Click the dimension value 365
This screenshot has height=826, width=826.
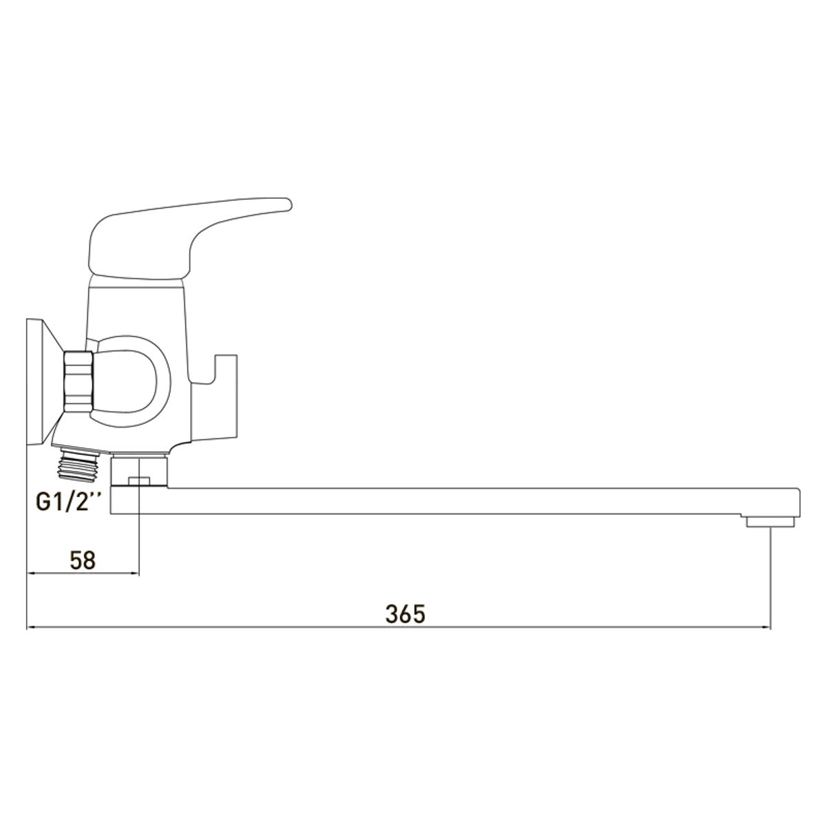click(x=405, y=615)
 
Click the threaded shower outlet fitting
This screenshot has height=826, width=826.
click(x=81, y=463)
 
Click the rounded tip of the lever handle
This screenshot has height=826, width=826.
click(x=287, y=204)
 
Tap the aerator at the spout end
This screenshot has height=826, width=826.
click(x=770, y=522)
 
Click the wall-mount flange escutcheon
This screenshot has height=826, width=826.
click(x=43, y=381)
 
